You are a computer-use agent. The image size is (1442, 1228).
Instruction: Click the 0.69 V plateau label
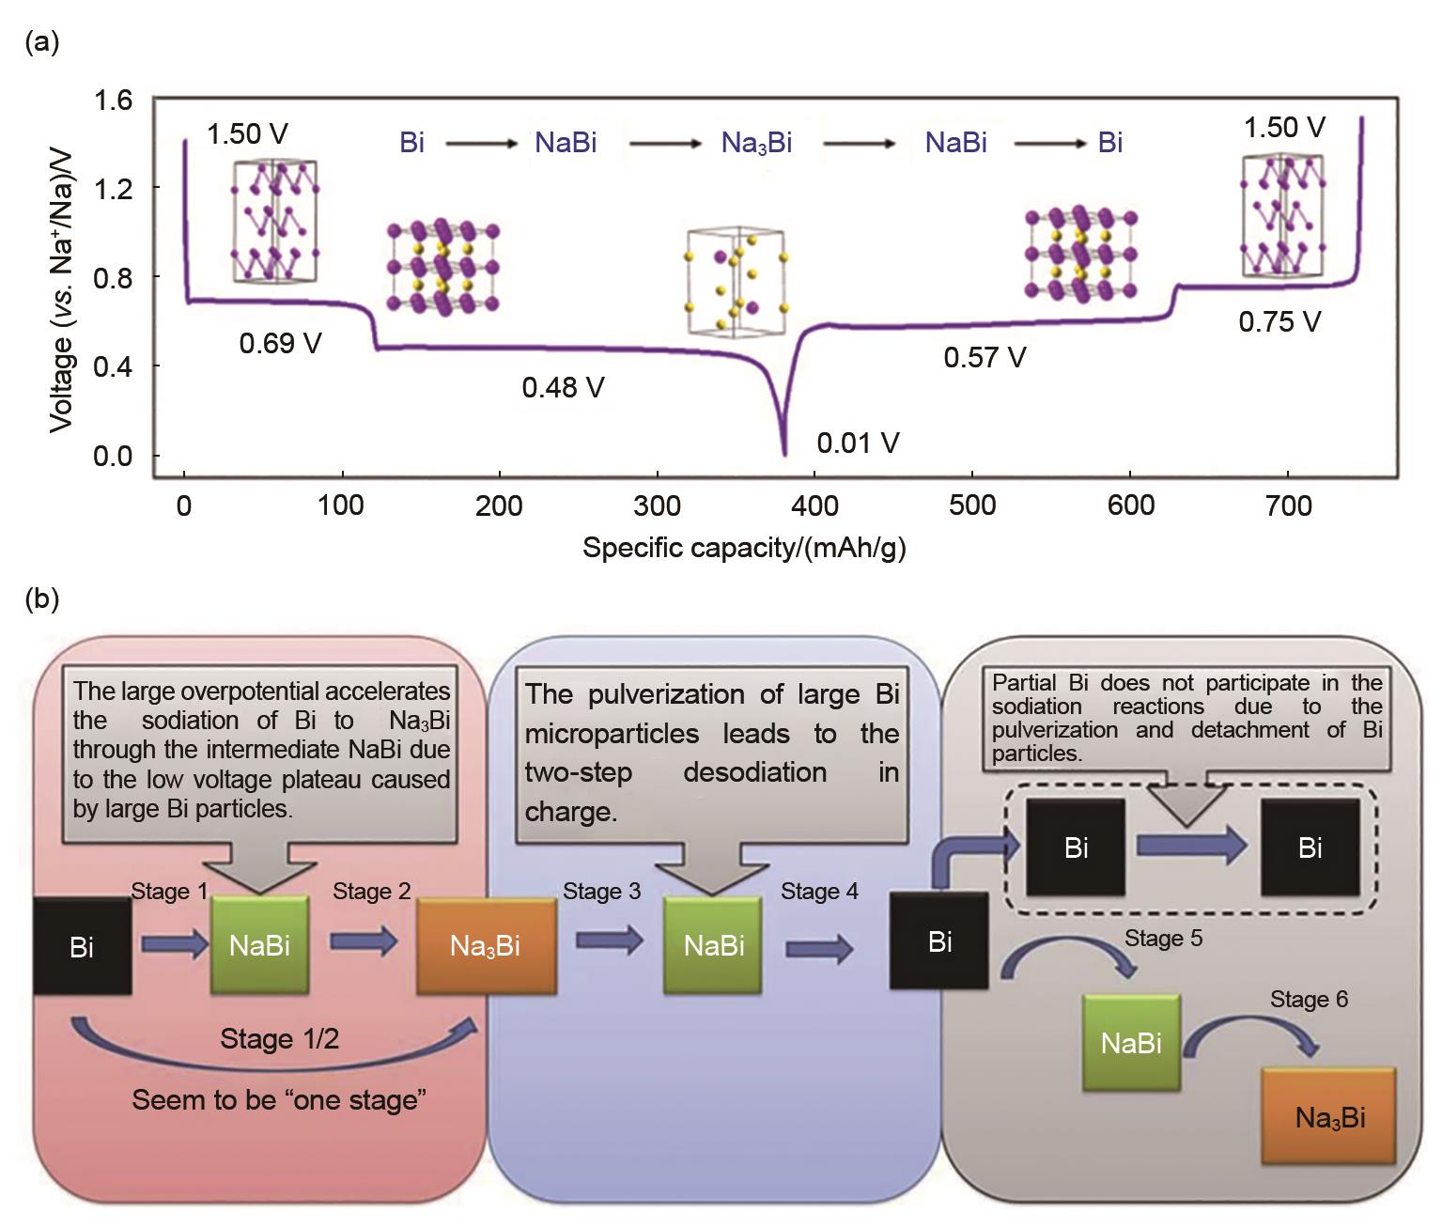(280, 344)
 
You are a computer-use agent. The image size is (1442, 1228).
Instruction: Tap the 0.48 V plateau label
(563, 387)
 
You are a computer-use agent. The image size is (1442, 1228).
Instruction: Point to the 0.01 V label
(858, 443)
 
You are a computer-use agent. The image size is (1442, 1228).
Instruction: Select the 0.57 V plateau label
(985, 357)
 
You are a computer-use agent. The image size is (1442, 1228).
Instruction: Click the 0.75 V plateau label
(1279, 322)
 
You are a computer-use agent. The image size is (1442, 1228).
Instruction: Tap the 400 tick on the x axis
(814, 505)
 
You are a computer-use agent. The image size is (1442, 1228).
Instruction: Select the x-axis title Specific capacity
(743, 548)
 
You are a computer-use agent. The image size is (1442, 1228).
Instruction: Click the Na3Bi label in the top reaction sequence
(756, 143)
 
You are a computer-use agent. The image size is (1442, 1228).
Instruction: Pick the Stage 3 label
(601, 891)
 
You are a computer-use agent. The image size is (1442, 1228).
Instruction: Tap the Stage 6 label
(1309, 999)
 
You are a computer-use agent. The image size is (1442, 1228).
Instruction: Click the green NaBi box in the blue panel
(713, 944)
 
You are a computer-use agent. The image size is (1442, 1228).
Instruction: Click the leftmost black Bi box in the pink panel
(82, 946)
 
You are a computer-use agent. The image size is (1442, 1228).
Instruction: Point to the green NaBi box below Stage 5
(1131, 1043)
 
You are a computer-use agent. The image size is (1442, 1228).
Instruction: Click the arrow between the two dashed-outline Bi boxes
(1191, 847)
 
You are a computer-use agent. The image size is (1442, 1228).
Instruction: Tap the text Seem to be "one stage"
(279, 1099)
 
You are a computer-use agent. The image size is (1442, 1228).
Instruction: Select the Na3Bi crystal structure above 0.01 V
(737, 280)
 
